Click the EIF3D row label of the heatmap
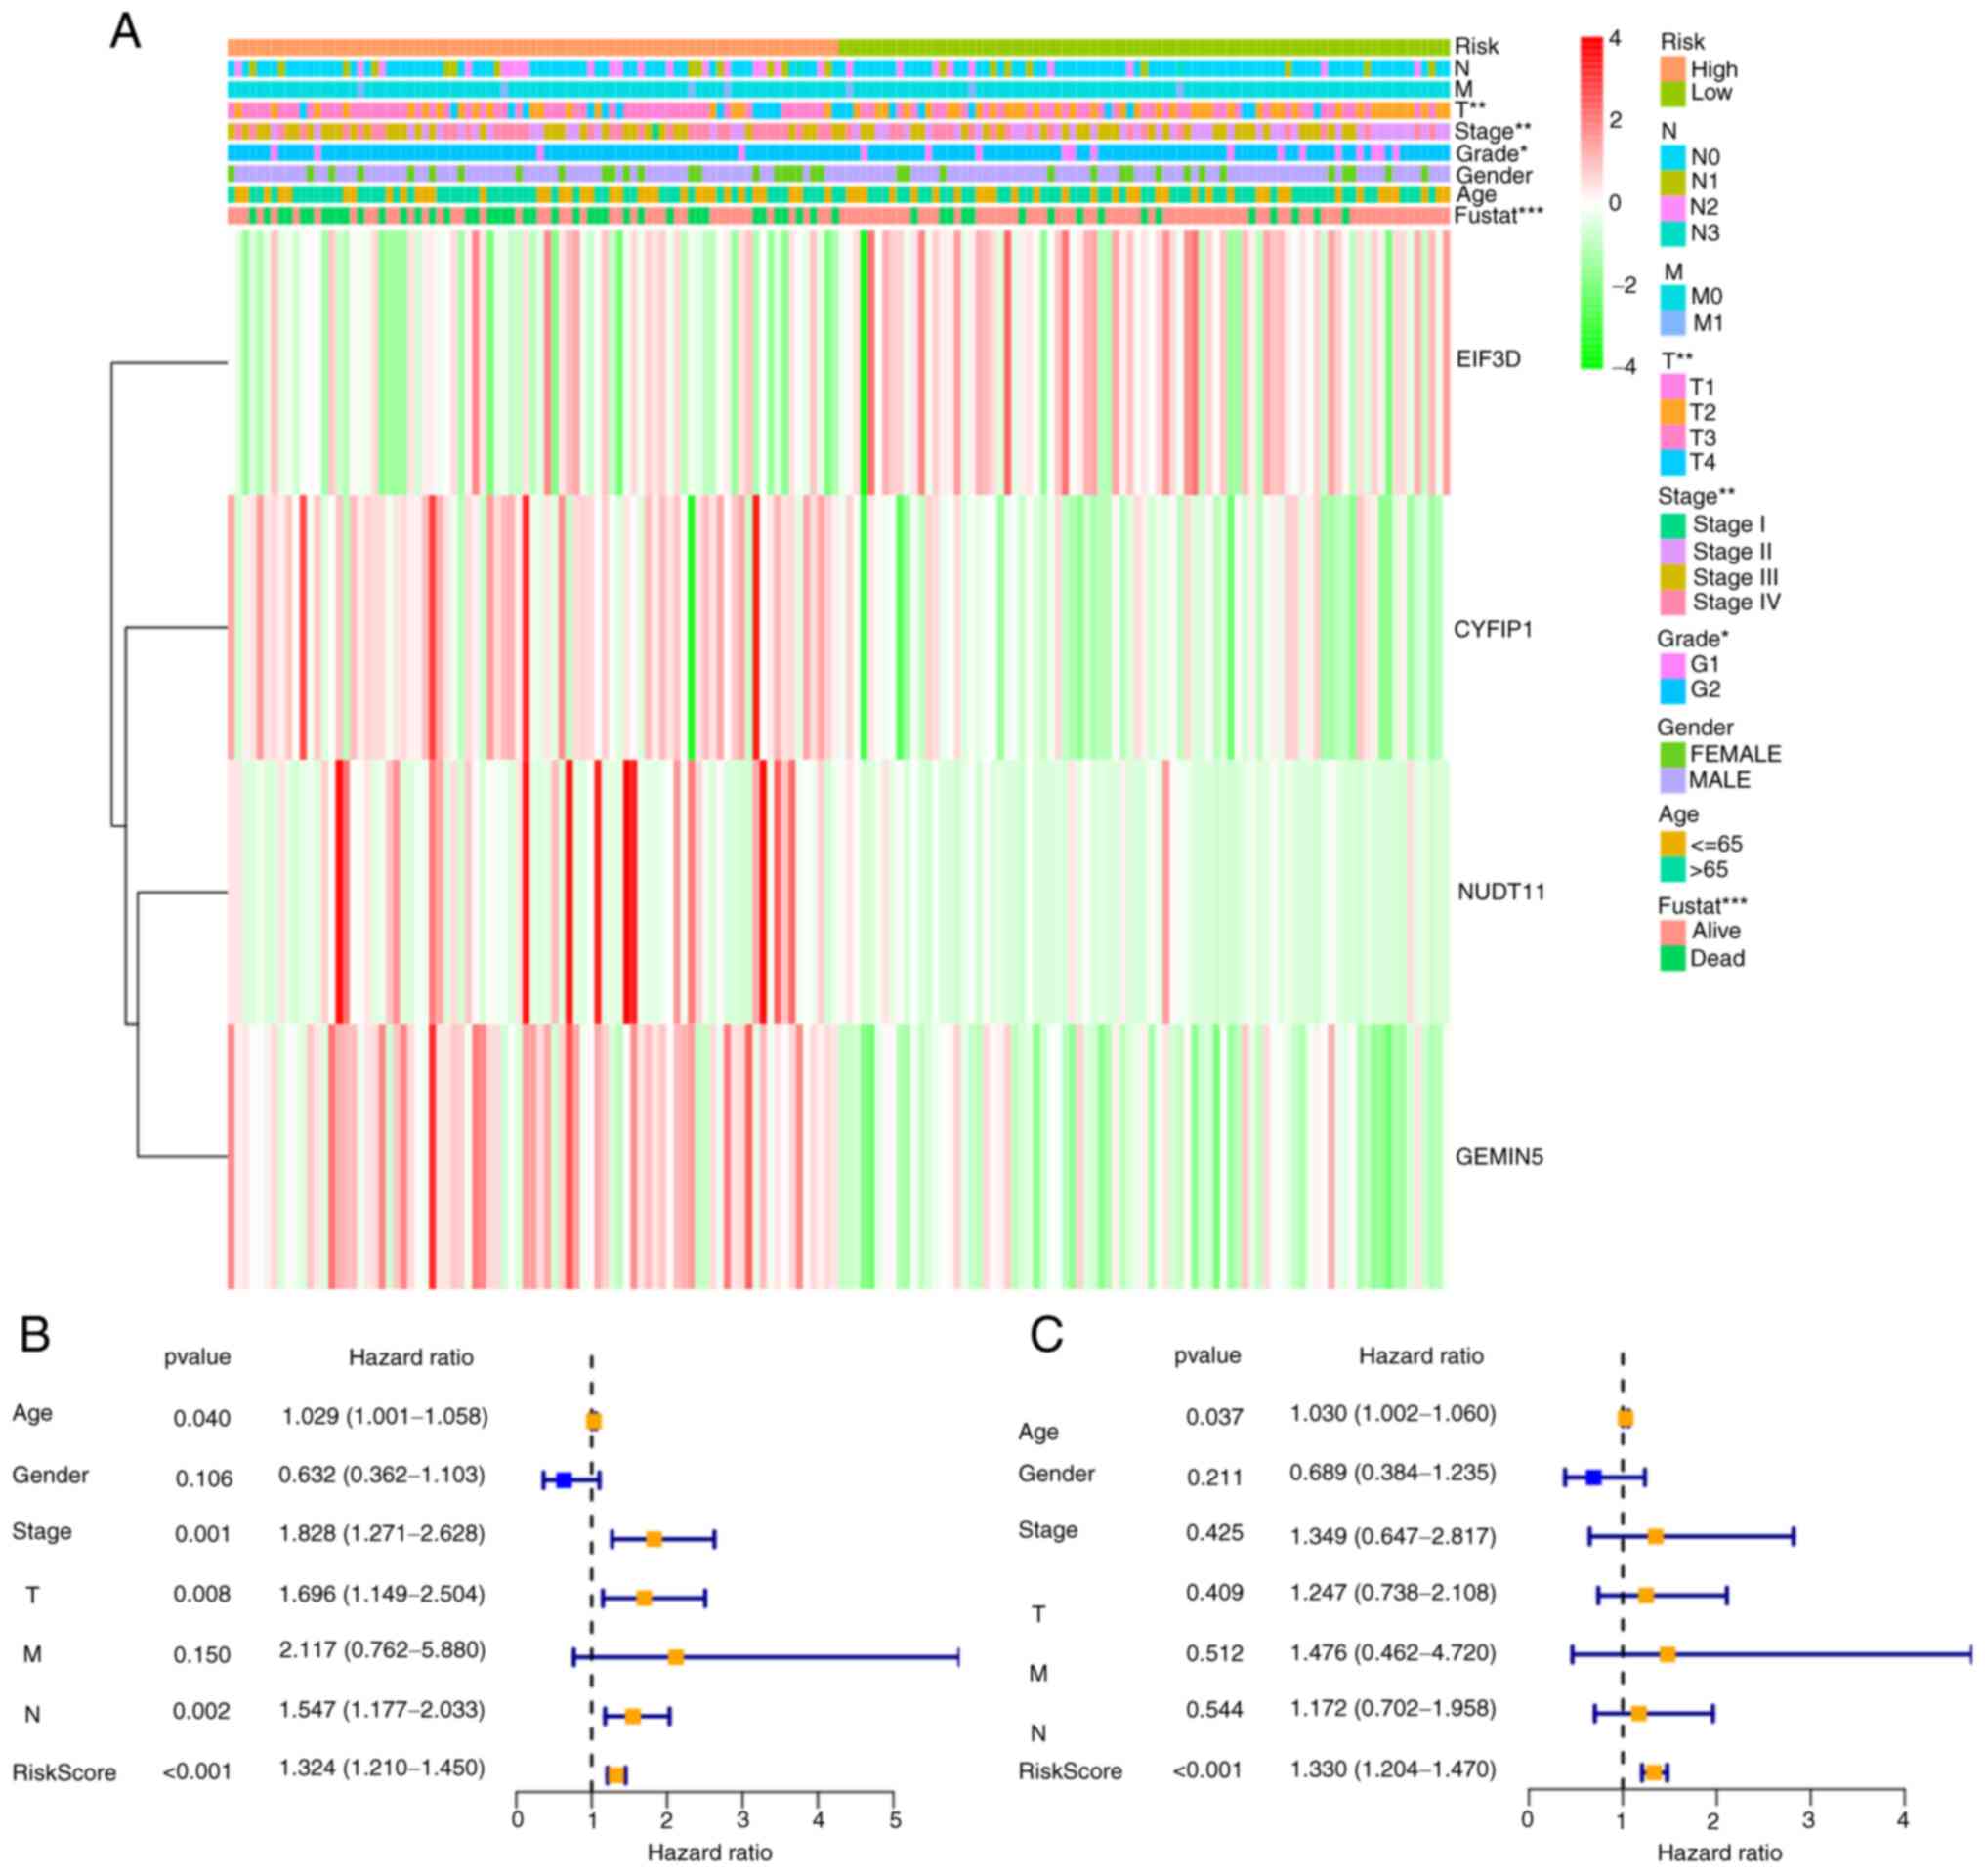pyautogui.click(x=1488, y=359)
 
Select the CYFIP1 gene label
pyautogui.click(x=1493, y=630)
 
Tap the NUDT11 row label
pyautogui.click(x=1500, y=892)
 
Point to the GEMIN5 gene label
pyautogui.click(x=1499, y=1157)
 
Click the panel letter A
pyautogui.click(x=125, y=32)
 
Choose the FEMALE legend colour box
pyautogui.click(x=1671, y=754)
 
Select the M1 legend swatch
pyautogui.click(x=1672, y=323)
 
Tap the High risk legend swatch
pyautogui.click(x=1672, y=69)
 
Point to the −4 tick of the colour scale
pyautogui.click(x=1625, y=367)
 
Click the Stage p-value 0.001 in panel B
pyautogui.click(x=202, y=1534)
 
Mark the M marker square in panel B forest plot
pyautogui.click(x=675, y=1657)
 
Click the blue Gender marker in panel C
pyautogui.click(x=1592, y=1478)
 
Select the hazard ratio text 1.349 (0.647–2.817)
pyautogui.click(x=1393, y=1535)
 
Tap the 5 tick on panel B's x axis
pyautogui.click(x=895, y=1820)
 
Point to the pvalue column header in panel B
pyautogui.click(x=197, y=1357)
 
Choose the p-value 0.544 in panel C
pyautogui.click(x=1214, y=1710)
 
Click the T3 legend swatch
pyautogui.click(x=1672, y=438)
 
